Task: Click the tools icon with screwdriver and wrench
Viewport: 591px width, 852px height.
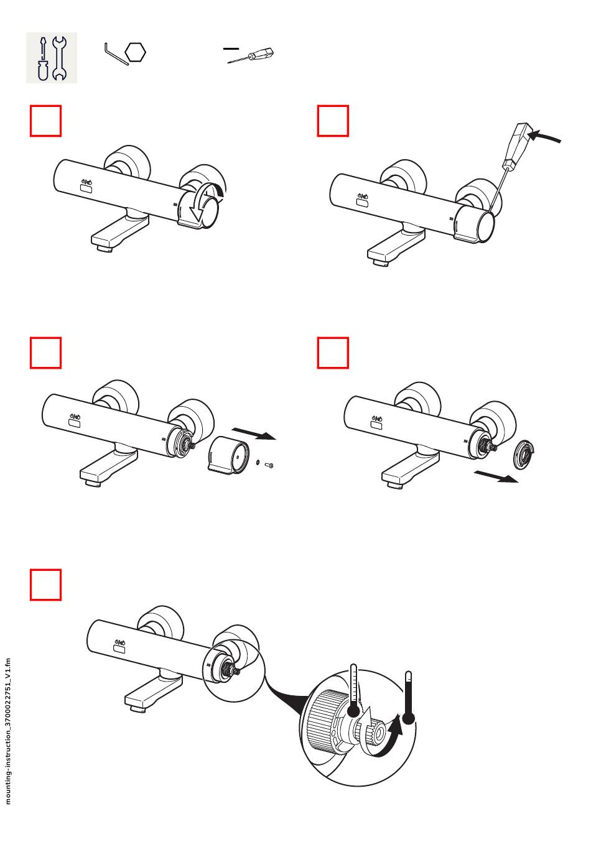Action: tap(51, 58)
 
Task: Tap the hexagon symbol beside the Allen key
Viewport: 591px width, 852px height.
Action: tap(135, 52)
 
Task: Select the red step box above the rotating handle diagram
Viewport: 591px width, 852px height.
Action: tap(46, 121)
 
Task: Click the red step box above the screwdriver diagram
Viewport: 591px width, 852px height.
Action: tap(333, 121)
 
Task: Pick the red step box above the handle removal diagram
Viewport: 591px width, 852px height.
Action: tap(46, 353)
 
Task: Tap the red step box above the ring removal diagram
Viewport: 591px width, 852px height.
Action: tap(333, 353)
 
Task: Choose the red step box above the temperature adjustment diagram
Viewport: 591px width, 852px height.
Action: tap(46, 585)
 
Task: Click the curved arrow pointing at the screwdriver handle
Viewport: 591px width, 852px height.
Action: tap(547, 136)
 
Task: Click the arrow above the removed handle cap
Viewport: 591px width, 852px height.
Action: tap(253, 433)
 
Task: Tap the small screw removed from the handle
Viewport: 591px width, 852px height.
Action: tap(269, 465)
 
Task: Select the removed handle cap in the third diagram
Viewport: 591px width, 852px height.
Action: tap(228, 456)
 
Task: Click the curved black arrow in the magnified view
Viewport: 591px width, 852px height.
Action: tap(391, 738)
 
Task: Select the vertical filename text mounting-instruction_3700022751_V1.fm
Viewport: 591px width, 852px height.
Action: tap(8, 731)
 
